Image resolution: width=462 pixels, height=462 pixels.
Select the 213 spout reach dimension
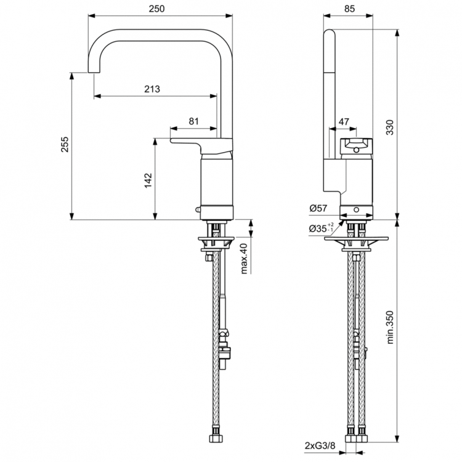pyautogui.click(x=152, y=89)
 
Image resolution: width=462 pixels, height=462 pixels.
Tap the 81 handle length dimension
pyautogui.click(x=193, y=121)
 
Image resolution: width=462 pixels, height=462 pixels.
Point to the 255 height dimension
pyautogui.click(x=65, y=145)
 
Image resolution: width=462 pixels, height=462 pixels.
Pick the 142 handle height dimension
pyautogui.click(x=147, y=179)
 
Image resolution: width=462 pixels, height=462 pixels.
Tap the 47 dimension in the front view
pyautogui.click(x=343, y=121)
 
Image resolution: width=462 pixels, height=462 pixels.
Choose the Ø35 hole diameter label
pyautogui.click(x=321, y=229)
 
